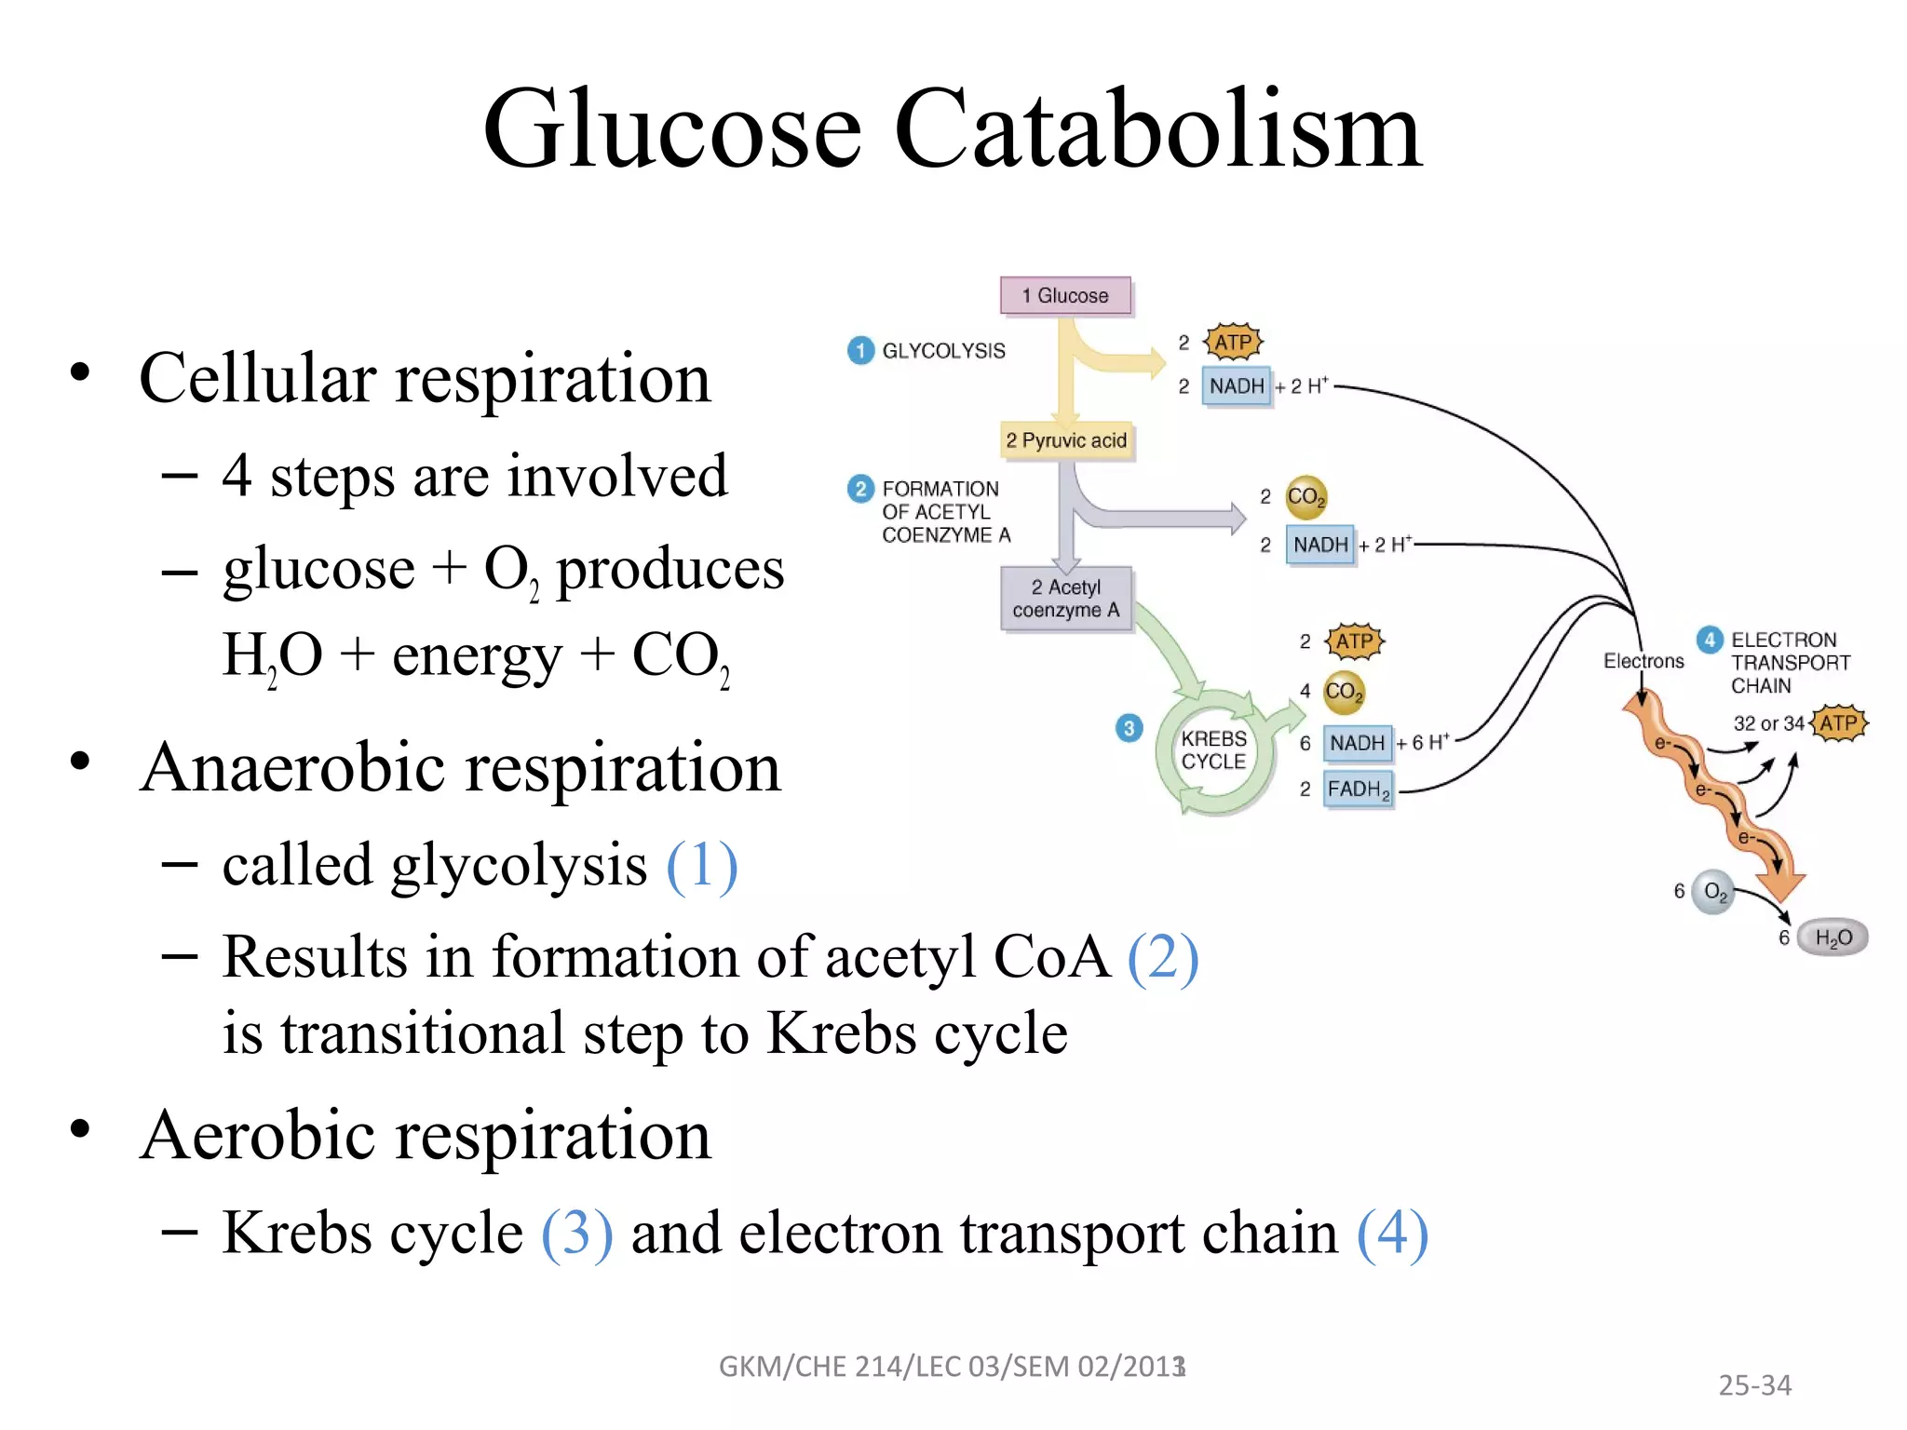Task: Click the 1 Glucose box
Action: click(x=1065, y=296)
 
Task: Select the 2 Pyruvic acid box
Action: click(x=1066, y=440)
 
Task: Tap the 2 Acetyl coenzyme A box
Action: click(x=1066, y=599)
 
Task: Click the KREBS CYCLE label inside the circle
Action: click(x=1213, y=750)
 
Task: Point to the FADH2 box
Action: click(x=1359, y=789)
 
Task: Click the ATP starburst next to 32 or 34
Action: click(x=1838, y=723)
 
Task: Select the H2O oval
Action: click(x=1833, y=938)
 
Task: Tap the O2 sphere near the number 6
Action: click(x=1713, y=892)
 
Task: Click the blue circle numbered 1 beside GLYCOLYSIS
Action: click(x=860, y=351)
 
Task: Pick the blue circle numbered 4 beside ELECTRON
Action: click(x=1710, y=640)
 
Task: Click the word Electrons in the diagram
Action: click(x=1643, y=661)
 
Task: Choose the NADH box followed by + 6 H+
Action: click(x=1357, y=743)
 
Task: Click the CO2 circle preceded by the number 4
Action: click(x=1343, y=692)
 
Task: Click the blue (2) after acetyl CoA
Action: click(x=1162, y=957)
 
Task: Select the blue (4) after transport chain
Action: click(x=1392, y=1234)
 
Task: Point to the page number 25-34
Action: click(x=1754, y=1385)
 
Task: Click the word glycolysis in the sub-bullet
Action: click(x=519, y=866)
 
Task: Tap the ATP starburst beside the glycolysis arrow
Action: click(x=1233, y=343)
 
